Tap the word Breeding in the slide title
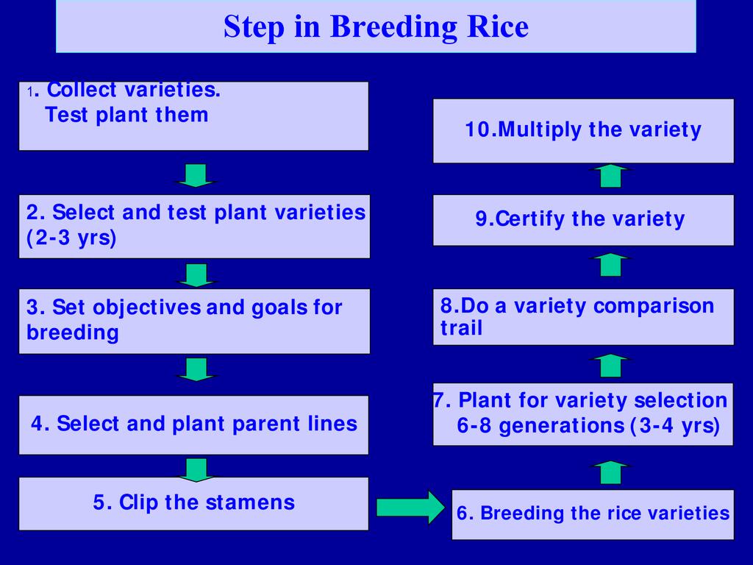(x=394, y=27)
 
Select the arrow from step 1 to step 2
(x=196, y=175)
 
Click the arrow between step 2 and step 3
(x=196, y=275)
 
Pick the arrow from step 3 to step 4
(x=196, y=369)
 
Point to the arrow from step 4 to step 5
(x=196, y=470)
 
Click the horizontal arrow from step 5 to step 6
(x=411, y=508)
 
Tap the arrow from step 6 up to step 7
(x=610, y=472)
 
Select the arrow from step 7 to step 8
(x=610, y=366)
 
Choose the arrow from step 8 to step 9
(x=610, y=265)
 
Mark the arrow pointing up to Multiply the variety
(x=610, y=175)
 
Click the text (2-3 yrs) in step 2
(x=71, y=238)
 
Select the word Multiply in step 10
(x=540, y=129)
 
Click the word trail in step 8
(x=462, y=327)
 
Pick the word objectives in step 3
(x=147, y=308)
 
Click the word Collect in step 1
(x=82, y=89)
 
